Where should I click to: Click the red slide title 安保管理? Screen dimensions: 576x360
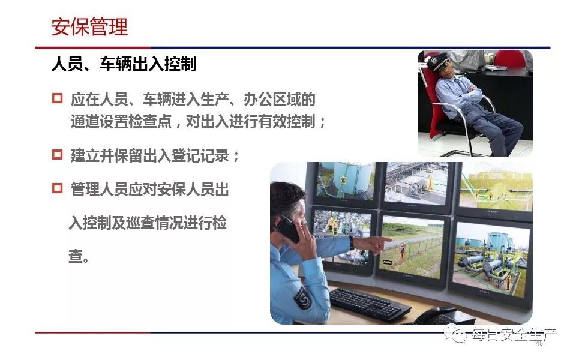tap(89, 27)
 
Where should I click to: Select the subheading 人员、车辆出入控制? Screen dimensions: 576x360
tap(124, 64)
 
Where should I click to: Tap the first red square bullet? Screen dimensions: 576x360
tap(58, 98)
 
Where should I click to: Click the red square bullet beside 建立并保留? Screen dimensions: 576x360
tap(58, 154)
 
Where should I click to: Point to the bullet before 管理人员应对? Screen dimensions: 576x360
tap(58, 188)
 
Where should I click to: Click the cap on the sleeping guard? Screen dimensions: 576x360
tap(438, 62)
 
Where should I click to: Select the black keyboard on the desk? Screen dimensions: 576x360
tap(369, 304)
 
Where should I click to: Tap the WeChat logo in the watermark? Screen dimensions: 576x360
tap(455, 334)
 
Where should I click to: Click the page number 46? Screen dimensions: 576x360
tap(539, 343)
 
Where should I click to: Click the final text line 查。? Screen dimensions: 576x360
tap(79, 256)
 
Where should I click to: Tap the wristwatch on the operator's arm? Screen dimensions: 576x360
tap(352, 242)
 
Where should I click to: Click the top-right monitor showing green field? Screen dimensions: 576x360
tap(496, 188)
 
